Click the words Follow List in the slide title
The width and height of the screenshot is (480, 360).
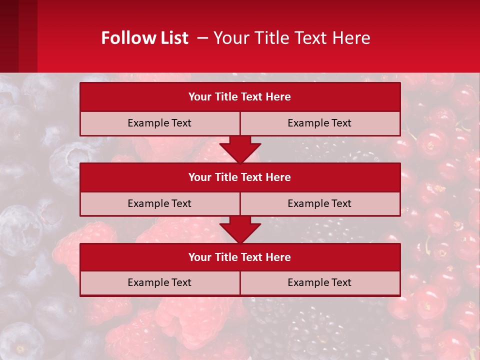click(144, 38)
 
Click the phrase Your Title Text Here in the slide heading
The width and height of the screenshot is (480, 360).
click(292, 38)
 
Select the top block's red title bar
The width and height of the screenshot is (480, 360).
click(240, 97)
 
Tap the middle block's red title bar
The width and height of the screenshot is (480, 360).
click(240, 177)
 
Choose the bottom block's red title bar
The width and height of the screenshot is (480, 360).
click(240, 257)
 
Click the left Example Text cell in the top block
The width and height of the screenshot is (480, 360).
click(159, 123)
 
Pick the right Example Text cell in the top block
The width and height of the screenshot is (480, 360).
click(319, 123)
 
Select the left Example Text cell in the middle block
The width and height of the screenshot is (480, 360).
click(159, 203)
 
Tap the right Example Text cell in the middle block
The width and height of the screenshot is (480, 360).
click(319, 203)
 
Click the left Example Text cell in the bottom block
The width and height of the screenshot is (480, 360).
click(159, 282)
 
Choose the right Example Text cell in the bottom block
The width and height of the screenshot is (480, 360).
click(319, 282)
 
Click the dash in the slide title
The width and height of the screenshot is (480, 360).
click(202, 38)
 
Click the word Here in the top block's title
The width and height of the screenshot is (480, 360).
click(278, 97)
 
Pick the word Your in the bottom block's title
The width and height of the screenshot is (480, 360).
click(199, 257)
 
